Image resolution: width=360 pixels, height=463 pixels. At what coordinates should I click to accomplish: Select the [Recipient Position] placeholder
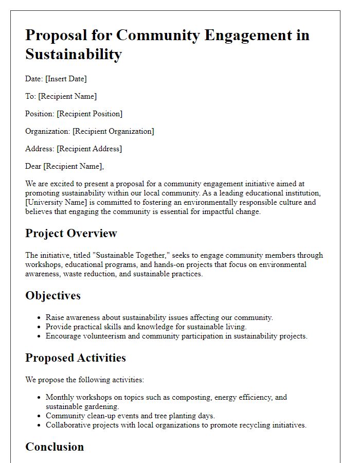point(89,114)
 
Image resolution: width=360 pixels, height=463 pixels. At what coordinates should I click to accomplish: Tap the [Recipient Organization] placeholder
point(113,131)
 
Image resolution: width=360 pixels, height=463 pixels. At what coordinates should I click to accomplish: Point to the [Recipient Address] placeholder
point(89,149)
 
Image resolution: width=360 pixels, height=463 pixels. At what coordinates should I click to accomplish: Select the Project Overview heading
point(71,233)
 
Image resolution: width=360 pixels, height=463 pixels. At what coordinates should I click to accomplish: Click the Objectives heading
point(53,295)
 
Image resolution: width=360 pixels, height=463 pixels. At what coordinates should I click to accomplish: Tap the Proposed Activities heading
point(76,358)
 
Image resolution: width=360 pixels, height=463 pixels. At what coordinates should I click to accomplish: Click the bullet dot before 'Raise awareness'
point(39,318)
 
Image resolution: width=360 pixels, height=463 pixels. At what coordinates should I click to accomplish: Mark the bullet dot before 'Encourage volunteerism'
point(39,336)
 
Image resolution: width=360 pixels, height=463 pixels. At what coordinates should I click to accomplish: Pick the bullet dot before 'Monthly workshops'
point(39,398)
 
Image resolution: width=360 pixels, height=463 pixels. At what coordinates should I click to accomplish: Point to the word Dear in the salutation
point(33,166)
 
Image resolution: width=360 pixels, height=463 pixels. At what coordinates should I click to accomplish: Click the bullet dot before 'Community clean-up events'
point(39,416)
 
